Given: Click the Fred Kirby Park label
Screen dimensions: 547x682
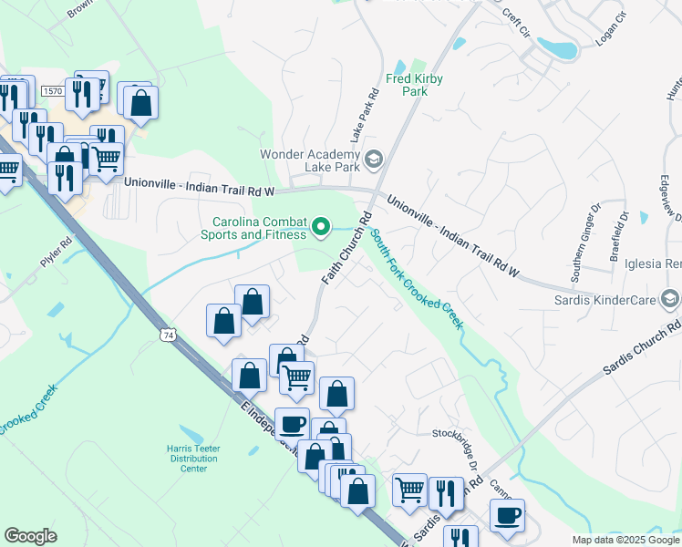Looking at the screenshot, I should coord(414,85).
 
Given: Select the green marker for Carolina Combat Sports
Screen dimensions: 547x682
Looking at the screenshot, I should coord(321,226).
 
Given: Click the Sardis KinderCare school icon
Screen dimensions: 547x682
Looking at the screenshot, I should coord(671,299).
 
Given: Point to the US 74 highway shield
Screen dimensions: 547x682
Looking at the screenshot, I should coord(167,335).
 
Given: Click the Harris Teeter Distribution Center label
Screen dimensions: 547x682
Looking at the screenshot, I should coord(193,458).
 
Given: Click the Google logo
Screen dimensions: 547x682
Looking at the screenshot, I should coord(30,536).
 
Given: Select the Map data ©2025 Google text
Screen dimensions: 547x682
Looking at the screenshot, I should coord(626,540).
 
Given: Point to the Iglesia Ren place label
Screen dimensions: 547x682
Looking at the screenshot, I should coord(653,263).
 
